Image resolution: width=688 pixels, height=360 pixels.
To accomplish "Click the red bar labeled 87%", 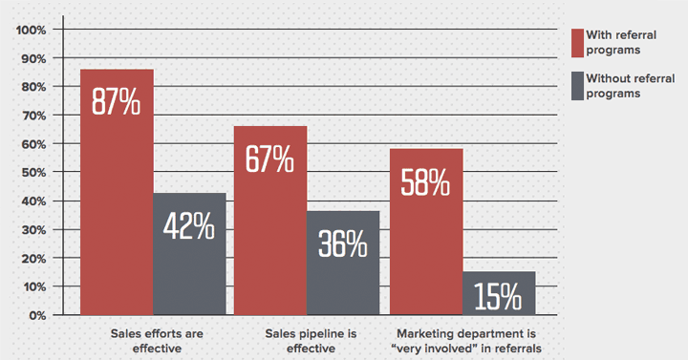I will point(116,191).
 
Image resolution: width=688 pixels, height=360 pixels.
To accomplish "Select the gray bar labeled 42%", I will point(189,253).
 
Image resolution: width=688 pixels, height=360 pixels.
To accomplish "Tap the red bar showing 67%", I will point(270,220).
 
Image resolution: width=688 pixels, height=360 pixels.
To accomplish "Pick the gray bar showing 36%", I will point(343,262).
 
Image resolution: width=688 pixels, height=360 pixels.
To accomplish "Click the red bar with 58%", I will point(425,231).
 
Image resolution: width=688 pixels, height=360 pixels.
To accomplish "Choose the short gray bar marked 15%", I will point(499,293).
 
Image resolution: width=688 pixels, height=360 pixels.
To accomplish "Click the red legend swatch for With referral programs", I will point(577,42).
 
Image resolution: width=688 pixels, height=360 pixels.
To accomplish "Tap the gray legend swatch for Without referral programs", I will point(577,86).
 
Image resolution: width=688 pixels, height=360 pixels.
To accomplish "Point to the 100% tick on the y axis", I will point(32,30).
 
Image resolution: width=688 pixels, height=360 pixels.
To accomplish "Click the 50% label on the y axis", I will point(34,173).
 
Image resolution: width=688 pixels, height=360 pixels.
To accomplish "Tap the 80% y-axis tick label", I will point(34,87).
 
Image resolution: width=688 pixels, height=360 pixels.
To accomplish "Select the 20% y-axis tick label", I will point(34,259).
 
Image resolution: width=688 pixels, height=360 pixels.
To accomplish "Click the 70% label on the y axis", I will point(34,116).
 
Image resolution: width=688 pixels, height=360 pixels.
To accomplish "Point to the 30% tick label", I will point(34,230).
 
